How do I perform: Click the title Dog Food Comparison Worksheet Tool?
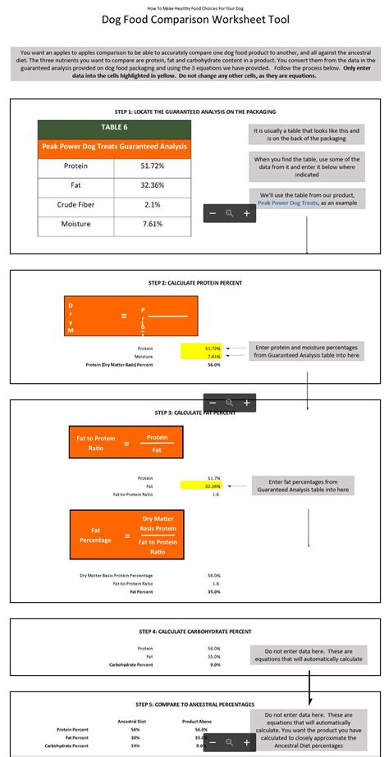[x=194, y=20]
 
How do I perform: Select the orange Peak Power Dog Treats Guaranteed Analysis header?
[x=114, y=147]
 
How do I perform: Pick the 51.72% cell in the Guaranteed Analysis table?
[x=153, y=166]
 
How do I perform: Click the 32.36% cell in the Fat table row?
[x=153, y=185]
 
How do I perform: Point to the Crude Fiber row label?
[x=76, y=204]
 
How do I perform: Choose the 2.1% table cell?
[x=153, y=204]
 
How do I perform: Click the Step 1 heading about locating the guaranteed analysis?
[x=194, y=111]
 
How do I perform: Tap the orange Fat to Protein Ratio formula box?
[x=126, y=444]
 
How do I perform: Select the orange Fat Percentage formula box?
[x=126, y=534]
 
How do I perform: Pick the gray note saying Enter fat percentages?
[x=303, y=486]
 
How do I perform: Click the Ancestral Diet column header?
[x=135, y=722]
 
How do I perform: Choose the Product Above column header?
[x=197, y=722]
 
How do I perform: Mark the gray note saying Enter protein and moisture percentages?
[x=307, y=351]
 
